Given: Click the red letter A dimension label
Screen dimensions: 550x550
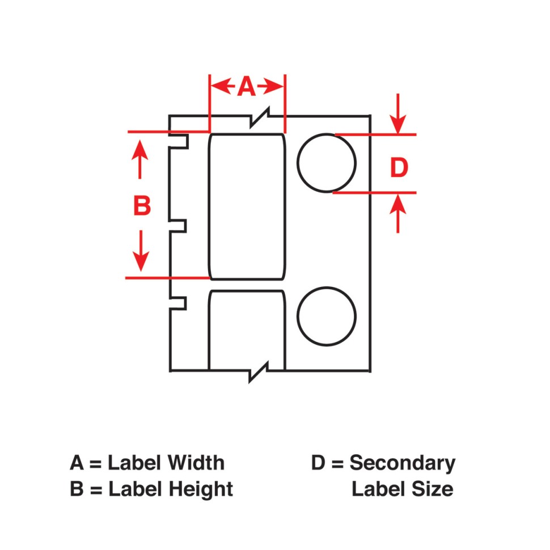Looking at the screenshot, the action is click(246, 86).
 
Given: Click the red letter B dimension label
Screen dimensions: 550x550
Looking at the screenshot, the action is click(142, 205).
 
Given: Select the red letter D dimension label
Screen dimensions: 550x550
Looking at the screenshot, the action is click(399, 167).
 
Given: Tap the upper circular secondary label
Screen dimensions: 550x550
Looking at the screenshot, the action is click(327, 163).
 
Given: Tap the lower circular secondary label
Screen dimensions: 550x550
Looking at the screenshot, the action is click(327, 316).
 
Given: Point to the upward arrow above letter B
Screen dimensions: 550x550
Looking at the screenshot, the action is click(140, 159).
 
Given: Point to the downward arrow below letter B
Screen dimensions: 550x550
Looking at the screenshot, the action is click(141, 251).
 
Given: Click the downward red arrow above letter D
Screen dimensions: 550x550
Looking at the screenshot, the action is click(398, 113).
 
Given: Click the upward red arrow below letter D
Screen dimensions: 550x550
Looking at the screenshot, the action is click(398, 213).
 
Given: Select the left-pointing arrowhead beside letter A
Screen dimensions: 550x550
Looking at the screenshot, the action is click(223, 86).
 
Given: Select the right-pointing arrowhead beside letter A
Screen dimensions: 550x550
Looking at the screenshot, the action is click(270, 86).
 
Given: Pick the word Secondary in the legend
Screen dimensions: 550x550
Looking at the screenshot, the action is click(403, 464).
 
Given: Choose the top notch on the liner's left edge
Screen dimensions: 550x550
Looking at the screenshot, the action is click(179, 141).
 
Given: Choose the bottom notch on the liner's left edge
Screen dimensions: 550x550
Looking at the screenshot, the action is click(178, 303).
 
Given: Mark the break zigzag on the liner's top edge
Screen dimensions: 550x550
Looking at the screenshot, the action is click(260, 117).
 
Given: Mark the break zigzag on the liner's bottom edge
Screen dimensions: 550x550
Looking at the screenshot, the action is click(259, 372).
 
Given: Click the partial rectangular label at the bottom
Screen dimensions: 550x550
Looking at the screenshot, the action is click(247, 331).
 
